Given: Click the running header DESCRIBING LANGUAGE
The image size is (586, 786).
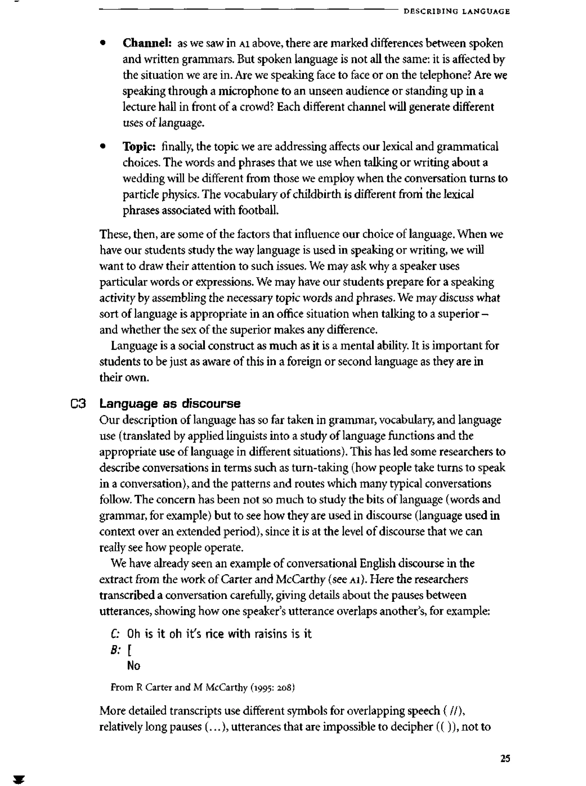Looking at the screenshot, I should pyautogui.click(x=457, y=11).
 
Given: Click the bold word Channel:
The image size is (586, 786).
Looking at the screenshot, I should pyautogui.click(x=147, y=43).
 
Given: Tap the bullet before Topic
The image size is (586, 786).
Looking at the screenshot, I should pyautogui.click(x=103, y=146).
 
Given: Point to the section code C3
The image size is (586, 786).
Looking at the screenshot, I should pyautogui.click(x=78, y=404).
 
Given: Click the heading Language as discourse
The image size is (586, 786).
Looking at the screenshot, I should pyautogui.click(x=170, y=404).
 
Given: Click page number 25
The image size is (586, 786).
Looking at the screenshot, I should pyautogui.click(x=505, y=758).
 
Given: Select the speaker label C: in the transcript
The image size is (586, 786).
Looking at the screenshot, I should pyautogui.click(x=116, y=634).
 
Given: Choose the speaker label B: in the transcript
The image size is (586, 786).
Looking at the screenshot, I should pyautogui.click(x=115, y=650).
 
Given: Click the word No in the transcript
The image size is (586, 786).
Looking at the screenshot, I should pyautogui.click(x=133, y=666).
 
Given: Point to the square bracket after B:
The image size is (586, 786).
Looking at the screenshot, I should pyautogui.click(x=129, y=650).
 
